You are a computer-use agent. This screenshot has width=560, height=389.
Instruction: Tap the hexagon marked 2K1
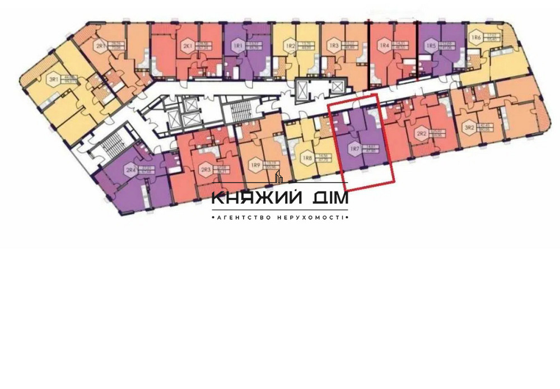[x=186, y=45]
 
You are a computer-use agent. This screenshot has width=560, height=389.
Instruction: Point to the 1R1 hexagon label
[x=238, y=45]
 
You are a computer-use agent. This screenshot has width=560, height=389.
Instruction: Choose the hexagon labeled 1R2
[x=290, y=45]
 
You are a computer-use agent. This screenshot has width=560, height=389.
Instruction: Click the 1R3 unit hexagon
[x=334, y=45]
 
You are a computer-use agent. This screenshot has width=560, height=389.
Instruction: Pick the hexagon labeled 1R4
[x=384, y=45]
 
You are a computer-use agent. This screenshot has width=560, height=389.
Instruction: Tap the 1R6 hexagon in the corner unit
[x=476, y=38]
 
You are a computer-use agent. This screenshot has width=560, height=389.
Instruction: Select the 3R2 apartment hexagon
[x=469, y=127]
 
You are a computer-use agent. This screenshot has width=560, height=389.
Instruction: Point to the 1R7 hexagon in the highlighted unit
[x=354, y=149]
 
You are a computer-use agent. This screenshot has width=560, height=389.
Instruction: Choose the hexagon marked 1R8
[x=307, y=159]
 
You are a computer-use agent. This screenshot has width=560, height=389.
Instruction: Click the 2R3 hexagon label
[x=206, y=170]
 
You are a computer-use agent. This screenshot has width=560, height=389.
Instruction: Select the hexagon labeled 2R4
[x=131, y=170]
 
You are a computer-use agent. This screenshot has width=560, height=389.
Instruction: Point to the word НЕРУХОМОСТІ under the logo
[x=309, y=217]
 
